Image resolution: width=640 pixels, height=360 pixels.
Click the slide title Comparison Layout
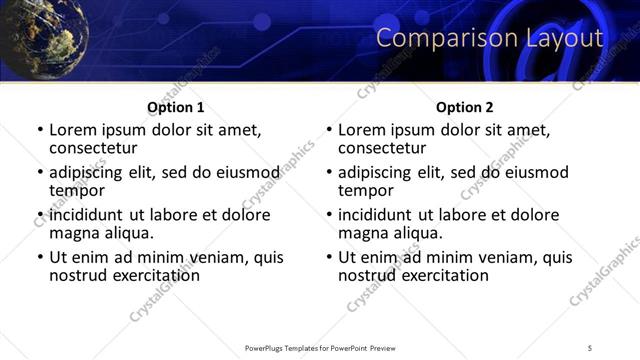(x=490, y=39)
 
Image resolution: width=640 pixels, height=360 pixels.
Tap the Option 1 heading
(x=176, y=107)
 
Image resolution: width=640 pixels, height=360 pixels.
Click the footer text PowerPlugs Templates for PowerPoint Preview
(x=320, y=347)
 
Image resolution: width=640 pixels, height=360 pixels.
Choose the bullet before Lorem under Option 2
(x=329, y=130)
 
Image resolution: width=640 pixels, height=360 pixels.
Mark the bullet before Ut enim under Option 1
(x=40, y=258)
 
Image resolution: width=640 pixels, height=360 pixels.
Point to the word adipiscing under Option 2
(x=376, y=172)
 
